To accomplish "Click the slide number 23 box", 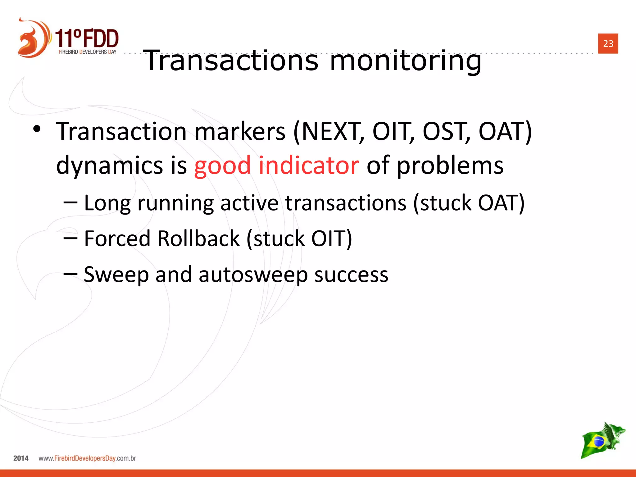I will [608, 43].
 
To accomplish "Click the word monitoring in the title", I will [405, 61].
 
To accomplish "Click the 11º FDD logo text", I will [87, 39].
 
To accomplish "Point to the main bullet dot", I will [37, 129].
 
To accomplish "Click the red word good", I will [222, 166].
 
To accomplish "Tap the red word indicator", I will [309, 165].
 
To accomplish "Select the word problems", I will [450, 166].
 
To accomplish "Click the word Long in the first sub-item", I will [107, 203].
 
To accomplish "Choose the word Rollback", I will [198, 238].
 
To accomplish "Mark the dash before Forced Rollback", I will [70, 238].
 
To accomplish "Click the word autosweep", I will [253, 275].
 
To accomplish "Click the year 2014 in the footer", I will [21, 458].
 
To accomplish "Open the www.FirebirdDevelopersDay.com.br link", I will [87, 458].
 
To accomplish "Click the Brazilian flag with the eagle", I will [602, 441].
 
